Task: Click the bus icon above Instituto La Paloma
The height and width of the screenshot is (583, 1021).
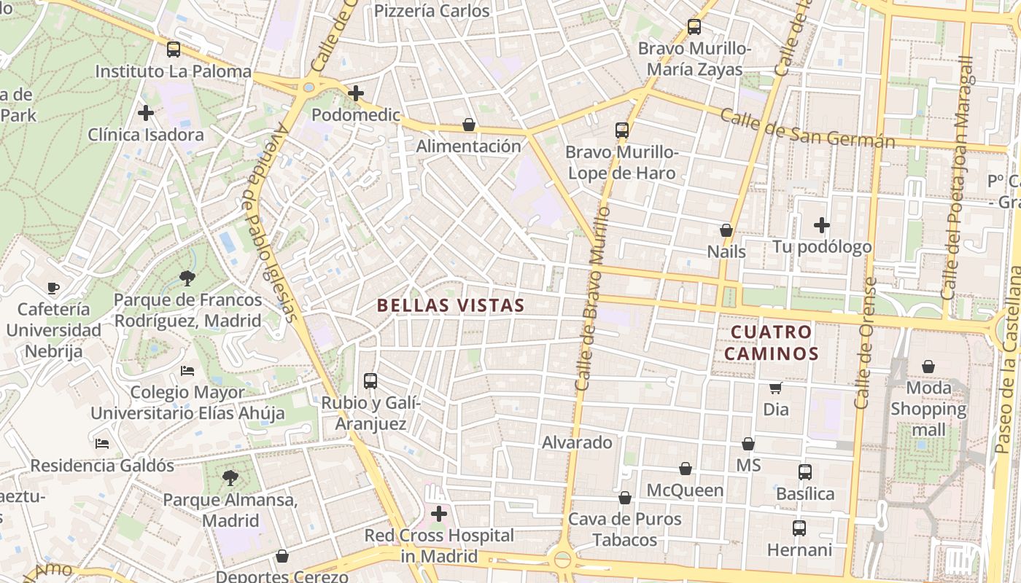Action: click(173, 50)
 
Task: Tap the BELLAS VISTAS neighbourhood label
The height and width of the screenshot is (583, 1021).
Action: click(451, 305)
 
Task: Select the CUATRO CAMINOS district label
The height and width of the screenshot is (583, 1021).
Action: click(775, 343)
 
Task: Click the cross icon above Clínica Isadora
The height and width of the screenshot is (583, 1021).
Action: click(146, 113)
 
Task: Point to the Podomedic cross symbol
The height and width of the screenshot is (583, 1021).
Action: click(356, 93)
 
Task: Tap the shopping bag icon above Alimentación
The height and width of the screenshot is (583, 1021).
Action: click(469, 125)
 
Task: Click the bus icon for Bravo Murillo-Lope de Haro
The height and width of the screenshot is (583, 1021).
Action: click(621, 130)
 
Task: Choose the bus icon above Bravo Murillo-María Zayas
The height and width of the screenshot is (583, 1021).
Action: click(694, 28)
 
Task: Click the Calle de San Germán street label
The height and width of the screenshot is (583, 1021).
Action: click(807, 128)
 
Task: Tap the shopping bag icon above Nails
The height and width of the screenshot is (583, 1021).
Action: click(726, 230)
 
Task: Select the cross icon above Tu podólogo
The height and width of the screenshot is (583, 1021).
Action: click(822, 225)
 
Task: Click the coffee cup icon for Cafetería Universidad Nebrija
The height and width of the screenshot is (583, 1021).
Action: click(53, 288)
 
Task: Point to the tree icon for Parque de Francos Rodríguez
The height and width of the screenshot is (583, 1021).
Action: click(187, 278)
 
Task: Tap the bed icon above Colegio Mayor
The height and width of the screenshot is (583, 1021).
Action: click(187, 371)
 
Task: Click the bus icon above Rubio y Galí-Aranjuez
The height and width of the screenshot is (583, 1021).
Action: click(370, 380)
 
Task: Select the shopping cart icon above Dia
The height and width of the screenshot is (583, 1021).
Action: click(776, 388)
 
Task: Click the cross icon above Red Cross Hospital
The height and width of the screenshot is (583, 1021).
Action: click(439, 514)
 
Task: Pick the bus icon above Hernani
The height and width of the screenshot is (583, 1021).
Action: click(799, 528)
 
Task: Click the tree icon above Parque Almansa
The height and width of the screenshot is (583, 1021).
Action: click(230, 478)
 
